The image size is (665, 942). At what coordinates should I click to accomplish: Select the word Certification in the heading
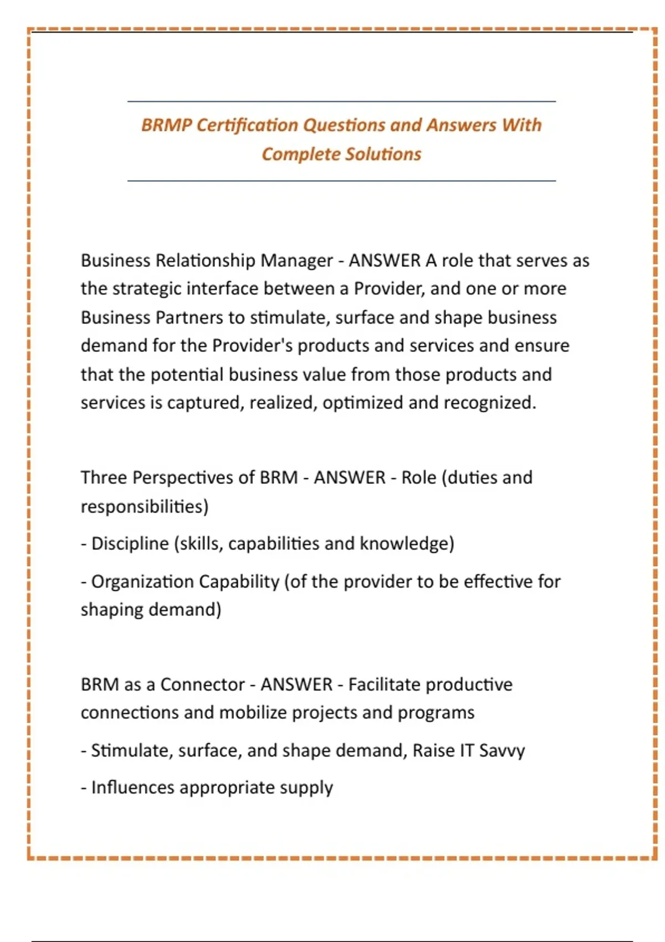pyautogui.click(x=247, y=125)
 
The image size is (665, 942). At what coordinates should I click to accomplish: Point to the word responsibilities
pyautogui.click(x=144, y=506)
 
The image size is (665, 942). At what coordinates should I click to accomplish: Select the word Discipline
pyautogui.click(x=130, y=544)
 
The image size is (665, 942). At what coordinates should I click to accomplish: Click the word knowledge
pyautogui.click(x=407, y=544)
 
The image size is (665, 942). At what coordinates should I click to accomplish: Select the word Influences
pyautogui.click(x=132, y=787)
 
